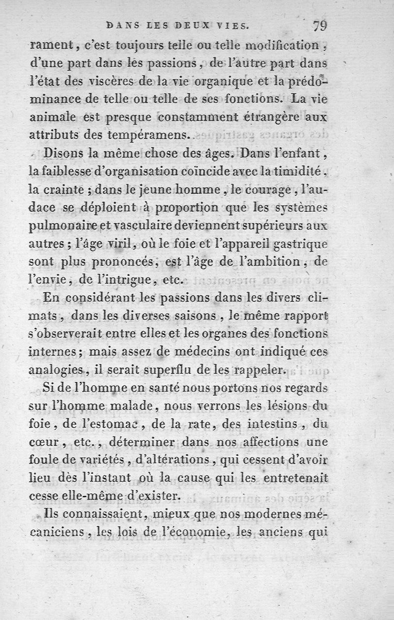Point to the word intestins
coord(252,423)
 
